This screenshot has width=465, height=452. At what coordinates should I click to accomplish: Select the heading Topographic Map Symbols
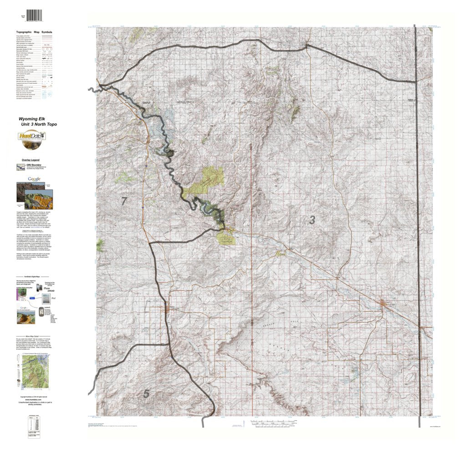pyautogui.click(x=34, y=33)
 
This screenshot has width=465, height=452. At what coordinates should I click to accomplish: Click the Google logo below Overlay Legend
pyautogui.click(x=34, y=179)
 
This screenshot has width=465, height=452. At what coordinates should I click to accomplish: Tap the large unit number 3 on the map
pyautogui.click(x=312, y=220)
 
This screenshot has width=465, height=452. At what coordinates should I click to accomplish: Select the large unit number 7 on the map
pyautogui.click(x=124, y=201)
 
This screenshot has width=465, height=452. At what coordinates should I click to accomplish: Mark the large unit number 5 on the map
pyautogui.click(x=146, y=394)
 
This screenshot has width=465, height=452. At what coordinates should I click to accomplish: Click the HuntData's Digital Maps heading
pyautogui.click(x=35, y=276)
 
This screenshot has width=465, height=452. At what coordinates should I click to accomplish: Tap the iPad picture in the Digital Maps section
pyautogui.click(x=46, y=300)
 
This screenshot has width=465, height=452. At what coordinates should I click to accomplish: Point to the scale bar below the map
pyautogui.click(x=273, y=423)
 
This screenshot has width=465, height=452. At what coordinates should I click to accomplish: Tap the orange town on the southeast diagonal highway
pyautogui.click(x=383, y=304)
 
